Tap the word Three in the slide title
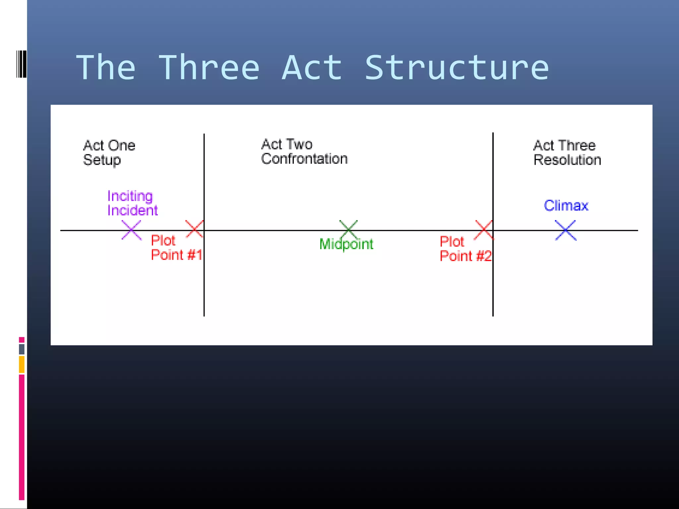[209, 68]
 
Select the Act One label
[109, 145]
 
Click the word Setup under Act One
[102, 160]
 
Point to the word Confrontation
[304, 159]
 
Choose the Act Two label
[287, 144]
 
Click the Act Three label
[564, 145]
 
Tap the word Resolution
[567, 160]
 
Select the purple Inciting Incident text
[132, 203]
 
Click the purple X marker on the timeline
[131, 230]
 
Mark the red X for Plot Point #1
[194, 229]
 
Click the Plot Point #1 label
[176, 248]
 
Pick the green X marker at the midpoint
[348, 229]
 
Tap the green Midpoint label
[346, 244]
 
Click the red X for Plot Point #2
[484, 230]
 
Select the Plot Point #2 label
[465, 249]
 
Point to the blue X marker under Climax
[566, 230]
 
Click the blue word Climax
[566, 206]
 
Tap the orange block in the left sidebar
[22, 365]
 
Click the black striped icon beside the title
[21, 64]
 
